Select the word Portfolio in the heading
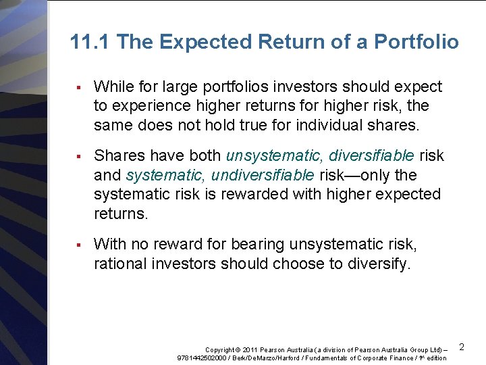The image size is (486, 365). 416,43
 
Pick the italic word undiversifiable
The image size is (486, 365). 263,175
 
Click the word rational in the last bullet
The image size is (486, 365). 119,264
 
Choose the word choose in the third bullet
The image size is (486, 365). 298,264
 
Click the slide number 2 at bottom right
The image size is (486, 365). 462,347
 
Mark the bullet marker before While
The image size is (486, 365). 79,87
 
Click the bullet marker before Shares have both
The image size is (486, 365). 79,156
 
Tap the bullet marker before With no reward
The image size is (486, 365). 79,245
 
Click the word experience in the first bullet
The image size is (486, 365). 149,106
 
